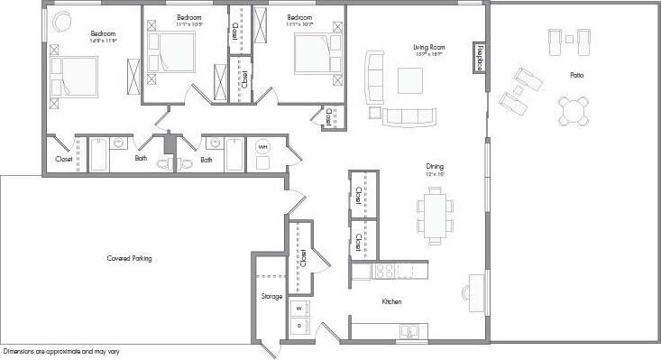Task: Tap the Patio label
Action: tap(576, 75)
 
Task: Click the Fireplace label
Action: tap(480, 55)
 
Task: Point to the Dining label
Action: tap(435, 166)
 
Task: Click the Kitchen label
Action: tap(390, 301)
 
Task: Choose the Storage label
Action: tap(271, 296)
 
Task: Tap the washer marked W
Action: tap(299, 309)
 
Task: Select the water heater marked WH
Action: tap(263, 147)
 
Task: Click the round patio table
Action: tap(573, 111)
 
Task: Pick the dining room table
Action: tap(435, 215)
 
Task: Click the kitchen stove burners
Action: tap(385, 270)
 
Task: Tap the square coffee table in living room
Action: tap(410, 81)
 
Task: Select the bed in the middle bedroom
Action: tap(174, 51)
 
